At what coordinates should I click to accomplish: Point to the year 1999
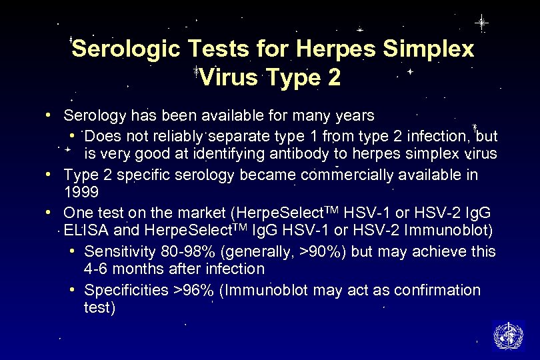pyautogui.click(x=81, y=193)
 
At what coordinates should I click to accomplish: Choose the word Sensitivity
pyautogui.click(x=120, y=251)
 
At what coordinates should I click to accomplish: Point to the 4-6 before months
pyautogui.click(x=97, y=269)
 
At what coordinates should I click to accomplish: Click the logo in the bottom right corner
pyautogui.click(x=508, y=335)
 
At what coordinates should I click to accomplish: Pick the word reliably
pyautogui.click(x=175, y=137)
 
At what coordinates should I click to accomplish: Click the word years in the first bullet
pyautogui.click(x=355, y=116)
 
